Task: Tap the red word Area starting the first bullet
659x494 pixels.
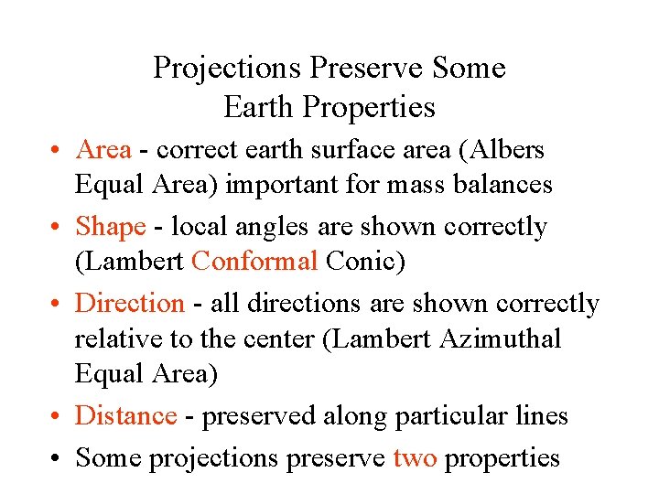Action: tap(103, 149)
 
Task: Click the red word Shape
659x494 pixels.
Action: tap(111, 226)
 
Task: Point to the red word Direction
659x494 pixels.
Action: tap(130, 303)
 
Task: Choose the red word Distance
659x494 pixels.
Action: tap(125, 416)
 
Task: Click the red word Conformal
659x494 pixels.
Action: tap(254, 262)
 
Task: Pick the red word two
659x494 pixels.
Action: tap(415, 456)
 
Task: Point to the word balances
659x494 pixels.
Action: tap(500, 185)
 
